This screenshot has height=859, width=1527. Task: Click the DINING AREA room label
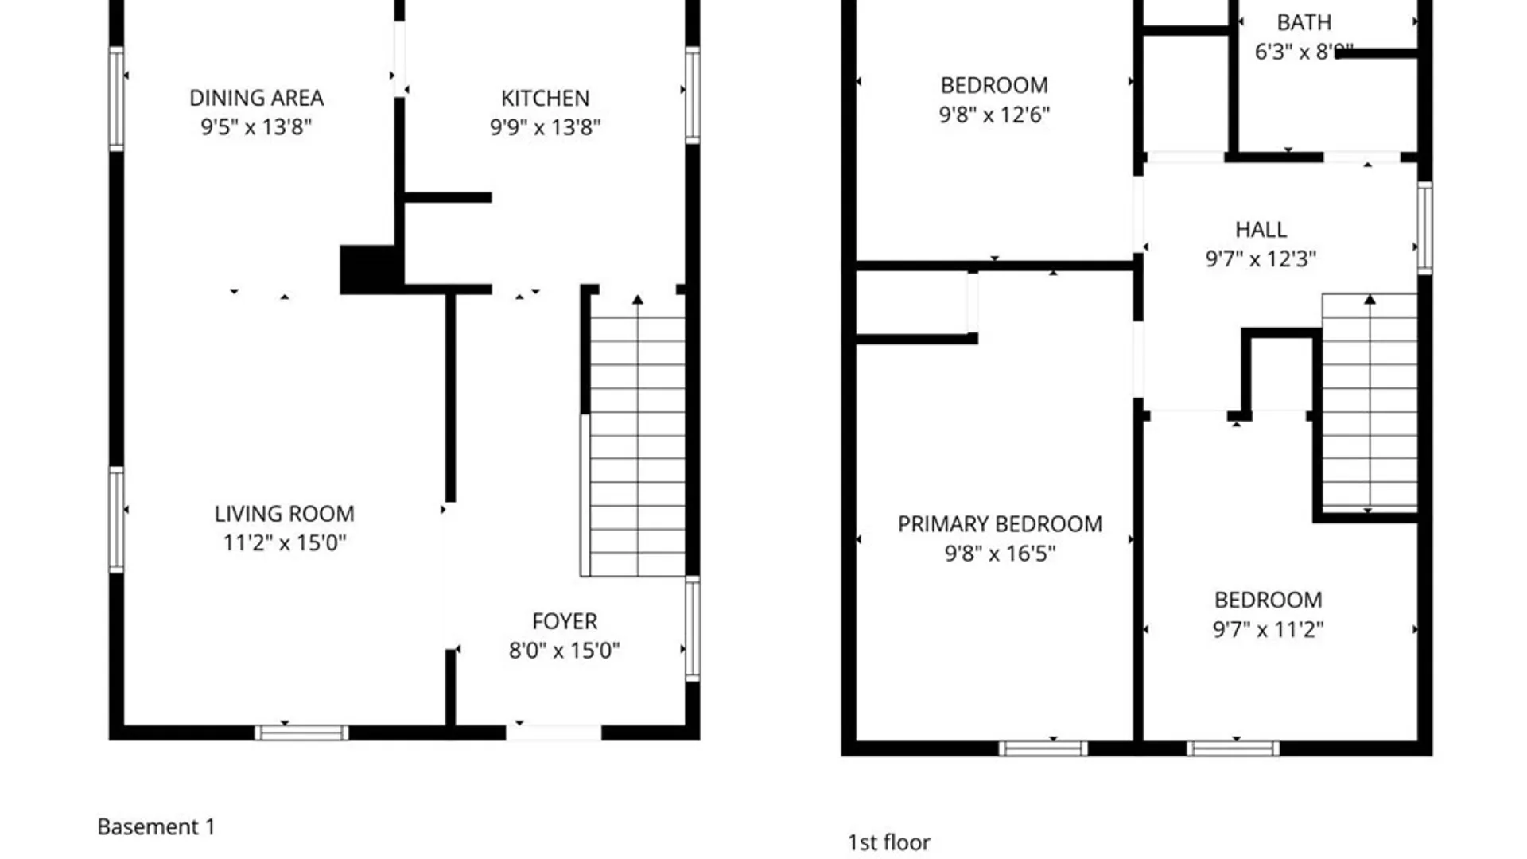(x=256, y=98)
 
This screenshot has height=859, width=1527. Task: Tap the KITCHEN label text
(x=545, y=98)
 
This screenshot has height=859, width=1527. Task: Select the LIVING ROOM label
(x=284, y=514)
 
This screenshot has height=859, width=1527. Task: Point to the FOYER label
(x=564, y=621)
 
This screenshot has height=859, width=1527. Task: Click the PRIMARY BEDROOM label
(x=1000, y=524)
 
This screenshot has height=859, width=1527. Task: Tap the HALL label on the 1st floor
(x=1261, y=230)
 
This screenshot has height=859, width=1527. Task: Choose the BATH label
(x=1304, y=22)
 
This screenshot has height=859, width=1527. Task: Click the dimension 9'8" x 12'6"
(x=994, y=115)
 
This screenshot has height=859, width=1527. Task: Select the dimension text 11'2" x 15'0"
(x=284, y=543)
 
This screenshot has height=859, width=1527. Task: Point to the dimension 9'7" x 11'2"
(x=1268, y=630)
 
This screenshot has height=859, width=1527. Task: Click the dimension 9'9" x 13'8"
(x=545, y=127)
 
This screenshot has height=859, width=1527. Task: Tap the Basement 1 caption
(x=156, y=826)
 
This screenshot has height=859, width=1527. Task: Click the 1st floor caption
(x=888, y=842)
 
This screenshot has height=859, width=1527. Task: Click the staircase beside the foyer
(x=636, y=437)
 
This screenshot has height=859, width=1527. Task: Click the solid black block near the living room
(x=367, y=270)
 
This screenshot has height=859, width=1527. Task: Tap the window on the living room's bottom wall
(x=301, y=733)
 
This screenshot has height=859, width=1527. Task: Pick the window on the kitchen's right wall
(x=693, y=95)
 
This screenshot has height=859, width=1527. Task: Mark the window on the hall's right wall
(x=1424, y=228)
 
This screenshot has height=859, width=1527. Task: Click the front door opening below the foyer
(x=554, y=733)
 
